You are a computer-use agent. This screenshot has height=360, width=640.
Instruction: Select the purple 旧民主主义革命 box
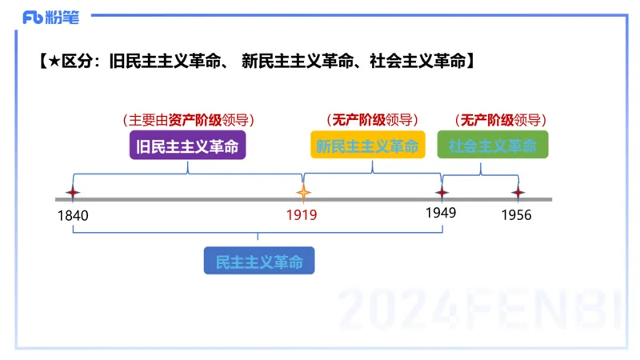[x=187, y=146]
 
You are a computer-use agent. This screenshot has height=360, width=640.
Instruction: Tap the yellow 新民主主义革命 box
[x=367, y=146]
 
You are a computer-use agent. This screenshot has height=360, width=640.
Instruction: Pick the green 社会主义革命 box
[x=492, y=146]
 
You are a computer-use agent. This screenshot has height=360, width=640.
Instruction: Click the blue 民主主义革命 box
[x=259, y=262]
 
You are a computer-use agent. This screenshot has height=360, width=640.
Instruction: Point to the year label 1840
[x=73, y=215]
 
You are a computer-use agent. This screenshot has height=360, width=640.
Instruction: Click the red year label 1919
[x=302, y=215]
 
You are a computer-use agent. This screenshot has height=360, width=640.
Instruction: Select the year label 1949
[x=441, y=213]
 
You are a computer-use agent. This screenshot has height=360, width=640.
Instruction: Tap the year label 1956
[x=516, y=215]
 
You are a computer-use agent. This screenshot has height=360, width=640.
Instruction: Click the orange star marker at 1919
[x=302, y=193]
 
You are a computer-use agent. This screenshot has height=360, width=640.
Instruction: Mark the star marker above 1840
[x=73, y=193]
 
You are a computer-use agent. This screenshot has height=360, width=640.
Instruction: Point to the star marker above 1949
[x=441, y=193]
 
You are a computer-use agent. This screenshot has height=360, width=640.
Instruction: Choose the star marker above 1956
[x=518, y=193]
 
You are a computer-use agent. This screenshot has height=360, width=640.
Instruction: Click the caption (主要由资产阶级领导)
[x=189, y=121]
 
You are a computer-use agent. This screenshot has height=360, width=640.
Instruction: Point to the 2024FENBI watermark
[x=480, y=307]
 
